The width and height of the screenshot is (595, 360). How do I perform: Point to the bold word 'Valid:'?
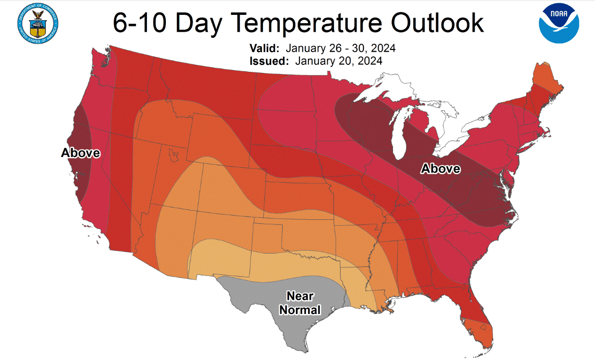pyautogui.click(x=265, y=49)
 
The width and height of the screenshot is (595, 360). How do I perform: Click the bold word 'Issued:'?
pyautogui.click(x=269, y=61)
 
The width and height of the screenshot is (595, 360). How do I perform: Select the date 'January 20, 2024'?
pyautogui.click(x=339, y=61)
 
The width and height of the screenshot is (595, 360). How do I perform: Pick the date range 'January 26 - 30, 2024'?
pyautogui.click(x=340, y=49)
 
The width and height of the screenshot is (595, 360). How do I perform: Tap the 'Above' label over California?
pyautogui.click(x=80, y=153)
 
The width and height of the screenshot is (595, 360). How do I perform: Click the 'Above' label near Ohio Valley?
pyautogui.click(x=440, y=169)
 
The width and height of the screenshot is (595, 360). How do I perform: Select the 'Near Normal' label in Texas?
pyautogui.click(x=300, y=303)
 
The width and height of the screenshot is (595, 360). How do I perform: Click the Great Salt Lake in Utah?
pyautogui.click(x=173, y=155)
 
